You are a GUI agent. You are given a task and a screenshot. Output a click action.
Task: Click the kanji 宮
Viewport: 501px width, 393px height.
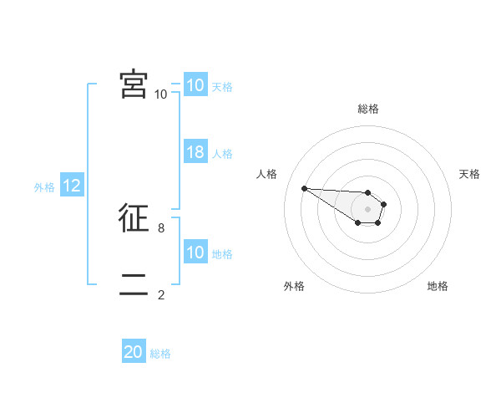point(134,84)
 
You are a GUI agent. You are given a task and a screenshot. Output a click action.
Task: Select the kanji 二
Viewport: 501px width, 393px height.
point(134,285)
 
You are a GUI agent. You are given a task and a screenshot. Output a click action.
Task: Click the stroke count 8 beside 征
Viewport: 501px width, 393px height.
point(161,227)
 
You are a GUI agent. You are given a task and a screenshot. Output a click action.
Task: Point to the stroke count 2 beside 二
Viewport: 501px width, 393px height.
point(161,294)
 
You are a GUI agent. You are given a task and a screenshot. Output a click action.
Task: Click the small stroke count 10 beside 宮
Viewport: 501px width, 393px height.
point(160,94)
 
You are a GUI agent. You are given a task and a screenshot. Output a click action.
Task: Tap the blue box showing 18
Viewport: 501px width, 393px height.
point(195,152)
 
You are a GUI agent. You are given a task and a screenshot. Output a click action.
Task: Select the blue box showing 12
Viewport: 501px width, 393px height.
point(72,186)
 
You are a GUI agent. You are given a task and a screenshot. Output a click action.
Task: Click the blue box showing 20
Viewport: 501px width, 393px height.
point(134,352)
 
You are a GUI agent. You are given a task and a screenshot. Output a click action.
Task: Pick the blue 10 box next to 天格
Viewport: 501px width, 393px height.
point(195,85)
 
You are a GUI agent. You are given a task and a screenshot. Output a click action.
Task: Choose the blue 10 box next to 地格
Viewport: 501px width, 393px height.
point(195,253)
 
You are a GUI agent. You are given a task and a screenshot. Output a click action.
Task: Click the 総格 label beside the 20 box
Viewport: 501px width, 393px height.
point(160,354)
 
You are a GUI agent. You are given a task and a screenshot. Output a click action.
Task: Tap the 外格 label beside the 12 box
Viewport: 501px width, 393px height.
point(44,187)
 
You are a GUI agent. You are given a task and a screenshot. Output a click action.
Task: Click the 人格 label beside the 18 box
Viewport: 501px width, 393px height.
point(222,154)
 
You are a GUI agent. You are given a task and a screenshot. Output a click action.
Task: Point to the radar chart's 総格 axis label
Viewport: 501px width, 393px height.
point(368,109)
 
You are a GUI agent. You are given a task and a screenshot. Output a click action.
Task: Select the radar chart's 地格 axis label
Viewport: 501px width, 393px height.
point(438,286)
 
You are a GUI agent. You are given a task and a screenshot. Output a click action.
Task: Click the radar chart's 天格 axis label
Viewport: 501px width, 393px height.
point(469,174)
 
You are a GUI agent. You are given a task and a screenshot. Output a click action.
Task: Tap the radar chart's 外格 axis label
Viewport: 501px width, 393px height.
point(294,286)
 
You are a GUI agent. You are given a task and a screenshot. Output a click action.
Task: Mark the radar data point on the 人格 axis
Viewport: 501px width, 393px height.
point(304,188)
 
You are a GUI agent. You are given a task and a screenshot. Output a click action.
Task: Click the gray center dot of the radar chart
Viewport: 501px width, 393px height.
point(368,209)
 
